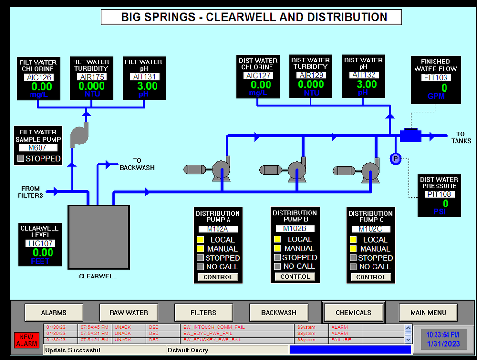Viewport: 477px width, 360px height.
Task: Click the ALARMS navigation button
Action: (x=54, y=313)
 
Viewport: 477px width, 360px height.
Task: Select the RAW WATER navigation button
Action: (x=129, y=313)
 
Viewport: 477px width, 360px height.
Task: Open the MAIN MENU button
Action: (x=428, y=313)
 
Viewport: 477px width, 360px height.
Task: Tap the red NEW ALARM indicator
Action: (x=27, y=340)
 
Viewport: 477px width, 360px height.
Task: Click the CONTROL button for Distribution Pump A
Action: (x=218, y=277)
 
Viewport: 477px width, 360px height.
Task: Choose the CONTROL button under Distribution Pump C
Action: (x=371, y=277)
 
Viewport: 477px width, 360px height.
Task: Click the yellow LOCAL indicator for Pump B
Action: (x=278, y=239)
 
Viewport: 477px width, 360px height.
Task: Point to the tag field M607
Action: (x=38, y=148)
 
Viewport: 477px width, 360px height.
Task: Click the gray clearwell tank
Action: (x=99, y=237)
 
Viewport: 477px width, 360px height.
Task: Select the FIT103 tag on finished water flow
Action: (x=435, y=77)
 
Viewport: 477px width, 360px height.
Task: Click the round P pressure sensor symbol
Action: (x=395, y=159)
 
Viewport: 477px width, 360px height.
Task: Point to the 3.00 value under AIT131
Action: (x=147, y=86)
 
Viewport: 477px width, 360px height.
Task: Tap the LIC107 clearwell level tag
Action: (x=40, y=243)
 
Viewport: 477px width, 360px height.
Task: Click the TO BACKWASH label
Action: (x=137, y=164)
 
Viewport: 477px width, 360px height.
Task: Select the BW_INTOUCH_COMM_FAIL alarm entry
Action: (x=207, y=328)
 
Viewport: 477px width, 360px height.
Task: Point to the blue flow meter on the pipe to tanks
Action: (x=409, y=135)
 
